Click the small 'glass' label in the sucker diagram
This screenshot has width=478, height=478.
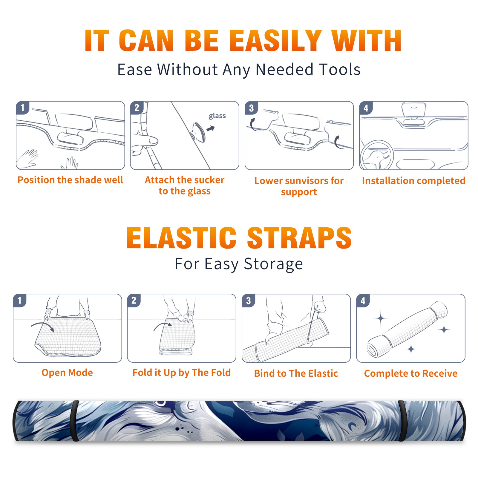pyautogui.click(x=217, y=116)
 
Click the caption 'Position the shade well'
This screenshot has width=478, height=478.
pyautogui.click(x=70, y=180)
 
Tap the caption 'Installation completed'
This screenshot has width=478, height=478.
pyautogui.click(x=413, y=181)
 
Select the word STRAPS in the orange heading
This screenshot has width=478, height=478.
pyautogui.click(x=299, y=238)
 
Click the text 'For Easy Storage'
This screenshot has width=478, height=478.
pyautogui.click(x=239, y=264)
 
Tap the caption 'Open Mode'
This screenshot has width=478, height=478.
pyautogui.click(x=67, y=373)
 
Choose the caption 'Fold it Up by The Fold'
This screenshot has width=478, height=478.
pyautogui.click(x=182, y=373)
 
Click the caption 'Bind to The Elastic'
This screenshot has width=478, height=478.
pyautogui.click(x=296, y=373)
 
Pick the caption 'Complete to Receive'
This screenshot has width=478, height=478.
pyautogui.click(x=411, y=373)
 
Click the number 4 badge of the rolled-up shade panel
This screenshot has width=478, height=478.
pyautogui.click(x=363, y=301)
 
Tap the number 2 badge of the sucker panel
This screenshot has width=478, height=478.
pyautogui.click(x=137, y=108)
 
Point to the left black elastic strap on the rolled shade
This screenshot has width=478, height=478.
pyautogui.click(x=75, y=421)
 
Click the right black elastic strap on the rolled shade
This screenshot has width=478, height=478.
pyautogui.click(x=402, y=421)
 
